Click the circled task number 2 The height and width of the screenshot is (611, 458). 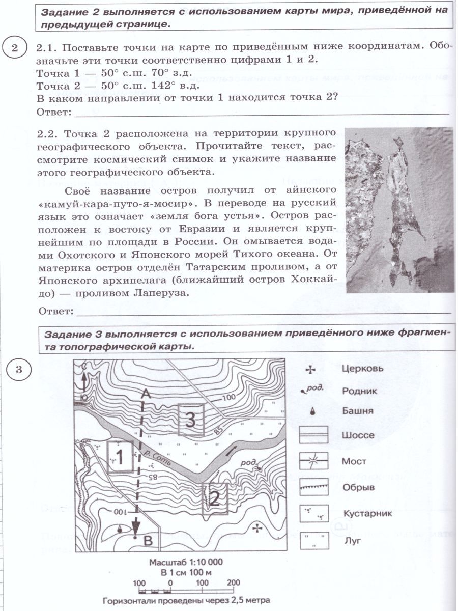click(15, 48)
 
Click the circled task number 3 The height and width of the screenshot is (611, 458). click(19, 369)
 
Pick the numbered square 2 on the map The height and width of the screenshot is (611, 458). click(214, 498)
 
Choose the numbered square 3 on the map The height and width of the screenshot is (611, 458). click(190, 420)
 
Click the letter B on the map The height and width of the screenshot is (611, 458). click(148, 542)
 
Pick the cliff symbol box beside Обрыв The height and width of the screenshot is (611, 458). click(313, 487)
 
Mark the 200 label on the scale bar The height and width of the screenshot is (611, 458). click(233, 582)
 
